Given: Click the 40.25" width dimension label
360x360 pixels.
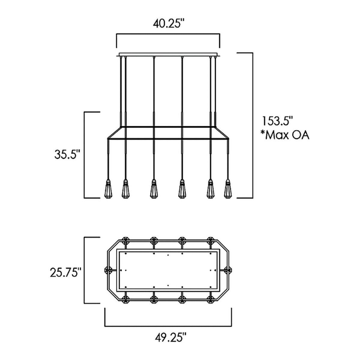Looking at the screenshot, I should point(168,24).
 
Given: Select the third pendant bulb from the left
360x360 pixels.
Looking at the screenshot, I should point(154,189).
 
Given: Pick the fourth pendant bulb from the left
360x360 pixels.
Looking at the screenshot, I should point(182,189).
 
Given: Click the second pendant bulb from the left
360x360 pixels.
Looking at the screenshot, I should point(125,189).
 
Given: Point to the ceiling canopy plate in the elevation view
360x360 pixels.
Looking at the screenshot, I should point(168,55).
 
